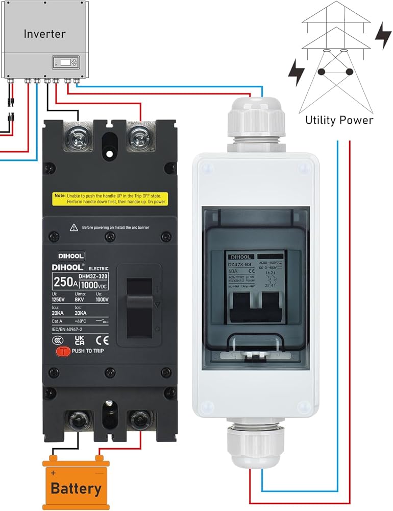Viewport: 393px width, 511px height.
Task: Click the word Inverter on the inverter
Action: coord(44,34)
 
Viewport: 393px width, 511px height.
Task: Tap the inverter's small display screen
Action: coord(66,62)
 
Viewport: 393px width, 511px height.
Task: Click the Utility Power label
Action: coord(339,121)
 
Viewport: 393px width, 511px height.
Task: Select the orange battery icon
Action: coord(76,483)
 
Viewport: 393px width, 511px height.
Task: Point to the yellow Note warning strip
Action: coord(110,199)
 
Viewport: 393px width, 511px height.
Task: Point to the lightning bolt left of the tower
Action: coord(296,73)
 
